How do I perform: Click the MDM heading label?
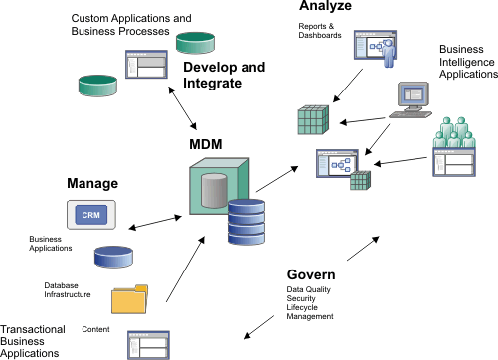coord(206,146)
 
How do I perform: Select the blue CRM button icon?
coord(90,214)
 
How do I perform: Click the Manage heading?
coord(92,184)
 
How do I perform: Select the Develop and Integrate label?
coord(225,76)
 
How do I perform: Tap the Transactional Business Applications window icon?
coord(147,343)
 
